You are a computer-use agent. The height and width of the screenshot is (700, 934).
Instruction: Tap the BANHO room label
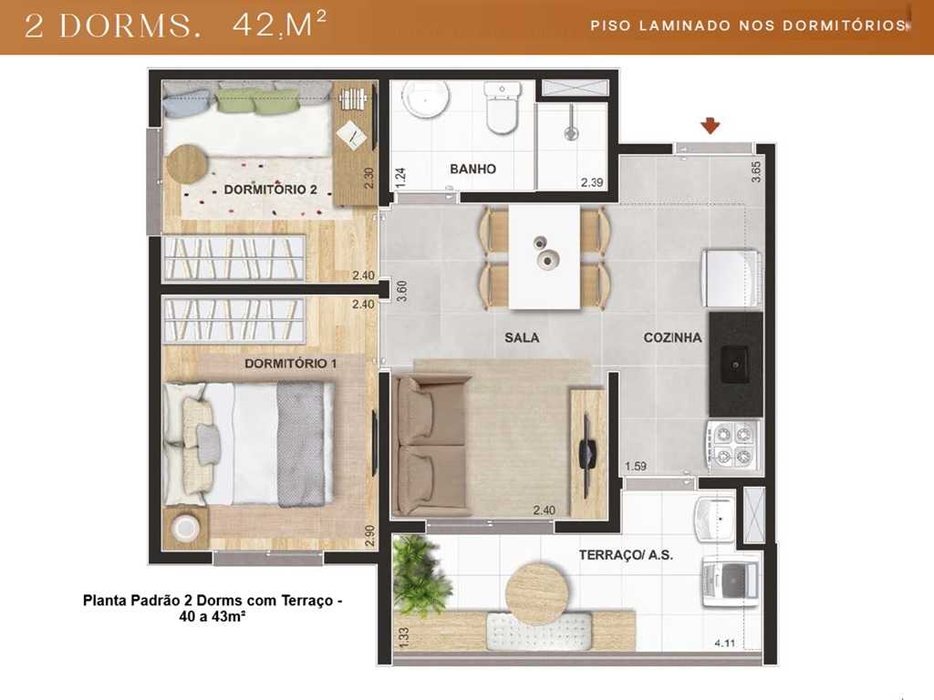point(472,169)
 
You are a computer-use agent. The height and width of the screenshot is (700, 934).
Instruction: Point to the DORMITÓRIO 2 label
point(270,190)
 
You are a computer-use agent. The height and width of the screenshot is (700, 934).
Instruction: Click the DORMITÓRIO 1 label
point(291,363)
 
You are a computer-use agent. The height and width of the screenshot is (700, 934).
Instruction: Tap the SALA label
point(522,337)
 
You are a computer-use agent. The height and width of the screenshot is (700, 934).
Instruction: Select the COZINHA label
point(672,337)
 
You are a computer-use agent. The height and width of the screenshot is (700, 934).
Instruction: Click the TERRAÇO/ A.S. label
point(626,554)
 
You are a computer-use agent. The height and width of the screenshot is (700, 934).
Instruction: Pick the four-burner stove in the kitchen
point(733,445)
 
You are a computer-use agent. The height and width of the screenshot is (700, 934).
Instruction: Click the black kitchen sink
point(736,365)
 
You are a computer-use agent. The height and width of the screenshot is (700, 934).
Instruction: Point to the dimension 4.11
point(725,643)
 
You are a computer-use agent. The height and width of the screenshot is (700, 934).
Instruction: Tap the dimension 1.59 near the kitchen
point(636,467)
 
